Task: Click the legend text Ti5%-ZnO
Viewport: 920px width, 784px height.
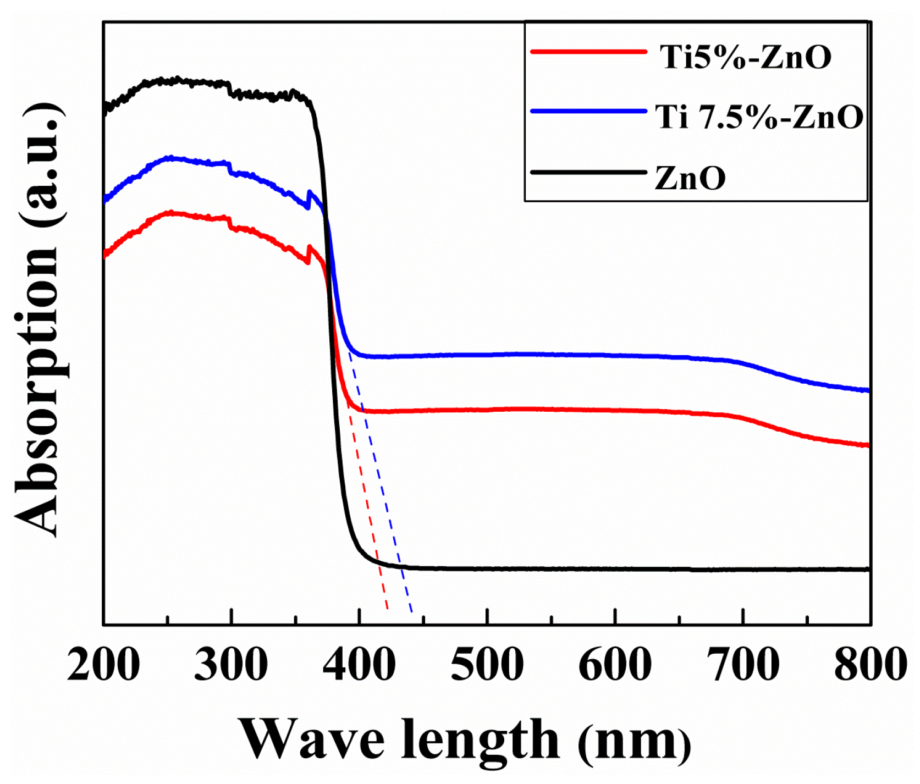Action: coord(746,57)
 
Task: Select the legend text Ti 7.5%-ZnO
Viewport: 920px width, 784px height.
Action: coord(759,117)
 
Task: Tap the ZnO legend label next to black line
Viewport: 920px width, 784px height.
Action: coord(690,178)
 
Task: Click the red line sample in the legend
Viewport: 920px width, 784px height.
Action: coord(588,52)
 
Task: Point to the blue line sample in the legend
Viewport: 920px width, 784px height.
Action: coord(588,112)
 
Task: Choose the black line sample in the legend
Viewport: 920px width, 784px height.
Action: coord(588,173)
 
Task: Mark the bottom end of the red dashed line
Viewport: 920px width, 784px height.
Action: coord(388,608)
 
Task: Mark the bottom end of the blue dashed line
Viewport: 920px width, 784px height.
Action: coord(412,612)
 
